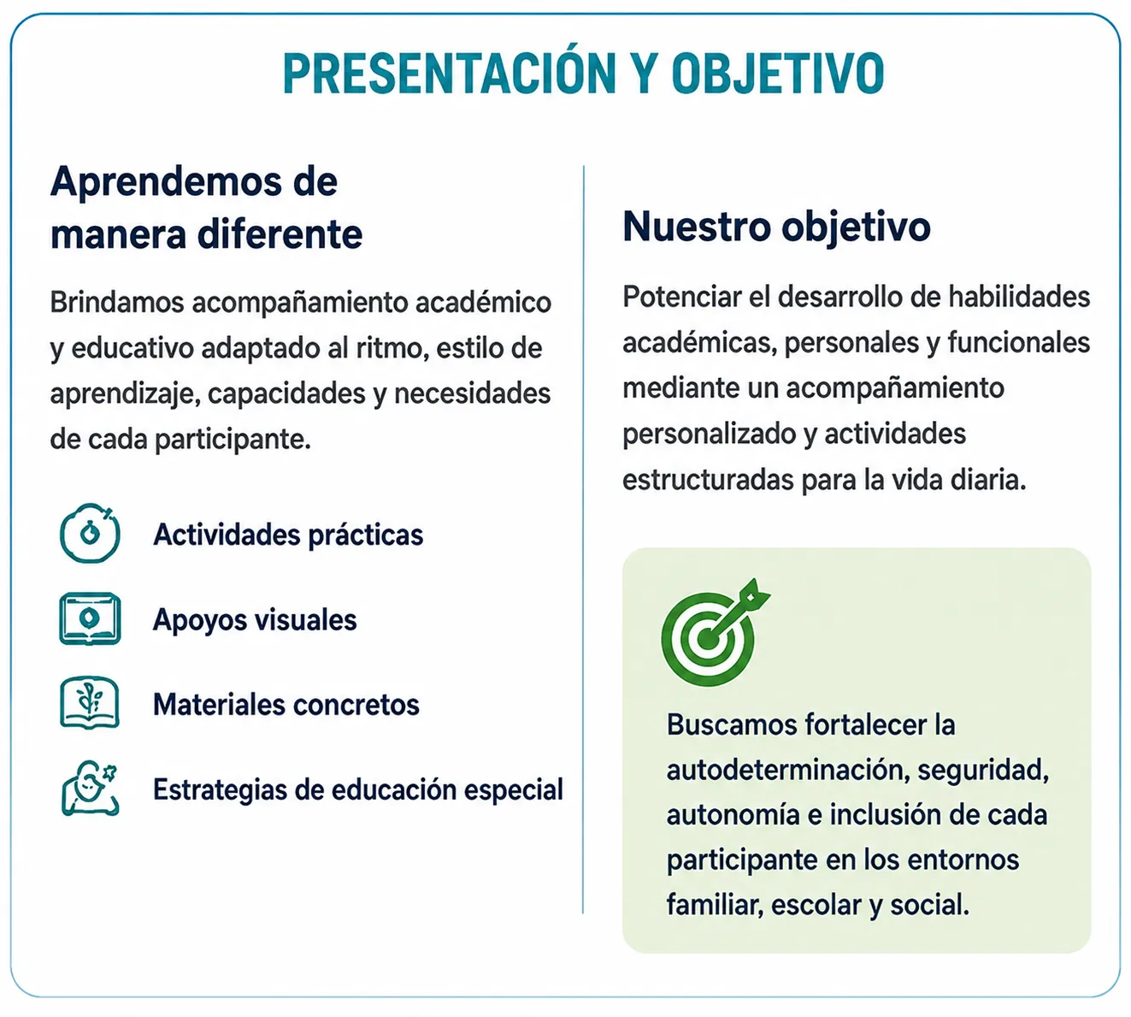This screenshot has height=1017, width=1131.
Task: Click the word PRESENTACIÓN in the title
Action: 449,74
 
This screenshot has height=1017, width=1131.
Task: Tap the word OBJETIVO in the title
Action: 777,74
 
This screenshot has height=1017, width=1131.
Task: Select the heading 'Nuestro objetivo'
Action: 776,228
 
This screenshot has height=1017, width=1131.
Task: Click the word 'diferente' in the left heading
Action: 280,234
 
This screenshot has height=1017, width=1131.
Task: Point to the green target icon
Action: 715,632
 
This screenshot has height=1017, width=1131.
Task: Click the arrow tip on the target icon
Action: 708,639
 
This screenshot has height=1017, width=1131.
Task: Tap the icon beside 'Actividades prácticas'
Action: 90,534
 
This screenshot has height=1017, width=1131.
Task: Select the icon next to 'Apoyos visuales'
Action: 90,618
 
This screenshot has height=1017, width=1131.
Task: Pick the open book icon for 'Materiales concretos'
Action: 90,703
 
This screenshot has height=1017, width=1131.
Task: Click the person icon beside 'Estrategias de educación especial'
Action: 90,789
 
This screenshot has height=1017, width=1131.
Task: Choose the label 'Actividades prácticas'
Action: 288,535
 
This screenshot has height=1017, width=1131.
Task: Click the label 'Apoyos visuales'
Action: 255,620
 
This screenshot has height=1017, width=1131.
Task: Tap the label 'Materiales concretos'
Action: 286,705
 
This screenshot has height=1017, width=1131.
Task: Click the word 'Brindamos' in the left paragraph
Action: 117,303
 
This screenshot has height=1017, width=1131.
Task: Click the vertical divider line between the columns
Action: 584,538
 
